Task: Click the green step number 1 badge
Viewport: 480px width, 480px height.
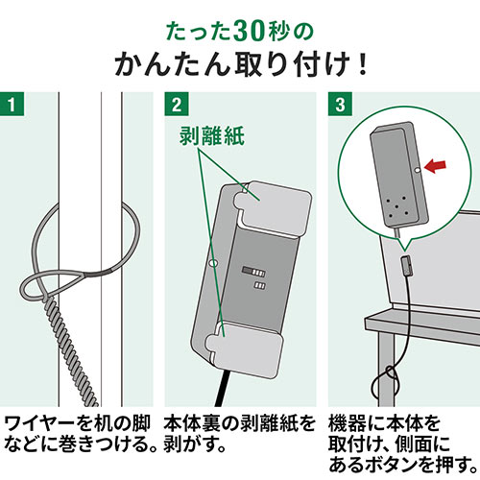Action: point(12,102)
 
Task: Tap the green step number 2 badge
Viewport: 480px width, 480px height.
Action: point(175,102)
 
